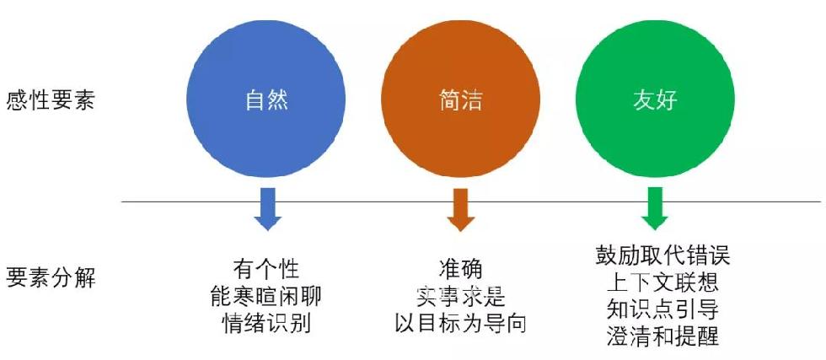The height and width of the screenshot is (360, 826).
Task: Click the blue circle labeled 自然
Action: (266, 99)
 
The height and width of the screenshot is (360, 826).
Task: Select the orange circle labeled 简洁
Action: (460, 99)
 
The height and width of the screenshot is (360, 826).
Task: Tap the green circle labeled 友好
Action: (655, 99)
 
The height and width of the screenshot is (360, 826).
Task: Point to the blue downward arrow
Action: (268, 209)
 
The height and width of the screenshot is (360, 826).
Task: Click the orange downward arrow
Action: (461, 209)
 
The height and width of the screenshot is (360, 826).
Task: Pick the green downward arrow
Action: (655, 209)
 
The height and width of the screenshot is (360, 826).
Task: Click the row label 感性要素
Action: (51, 99)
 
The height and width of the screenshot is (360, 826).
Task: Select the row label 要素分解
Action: (51, 277)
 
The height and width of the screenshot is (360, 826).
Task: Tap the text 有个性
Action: (266, 269)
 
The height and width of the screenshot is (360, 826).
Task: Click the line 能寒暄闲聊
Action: (265, 296)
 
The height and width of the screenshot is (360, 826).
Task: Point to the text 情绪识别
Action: (266, 323)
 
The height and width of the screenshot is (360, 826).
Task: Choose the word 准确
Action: (460, 269)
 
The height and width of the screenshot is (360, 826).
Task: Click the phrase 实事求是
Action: (460, 297)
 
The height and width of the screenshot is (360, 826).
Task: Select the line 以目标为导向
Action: (461, 324)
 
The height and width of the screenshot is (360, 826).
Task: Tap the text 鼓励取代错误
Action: (662, 256)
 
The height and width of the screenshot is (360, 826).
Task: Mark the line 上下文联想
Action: (662, 283)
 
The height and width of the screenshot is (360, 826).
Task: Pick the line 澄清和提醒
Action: (662, 336)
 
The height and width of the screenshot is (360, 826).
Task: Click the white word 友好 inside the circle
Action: (655, 100)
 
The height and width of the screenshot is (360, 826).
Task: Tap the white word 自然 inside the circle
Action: (266, 100)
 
